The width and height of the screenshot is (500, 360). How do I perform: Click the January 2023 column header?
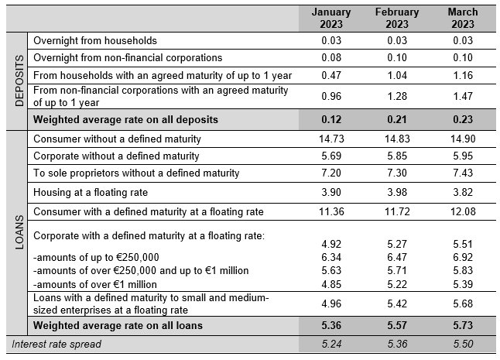(331, 18)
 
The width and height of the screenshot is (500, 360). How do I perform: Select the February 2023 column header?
(397, 18)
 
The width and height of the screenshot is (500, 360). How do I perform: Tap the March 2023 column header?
(463, 18)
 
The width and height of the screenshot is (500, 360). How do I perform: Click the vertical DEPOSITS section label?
(19, 81)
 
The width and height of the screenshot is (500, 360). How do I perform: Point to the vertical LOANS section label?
(19, 231)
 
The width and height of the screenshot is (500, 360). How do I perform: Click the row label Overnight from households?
(95, 40)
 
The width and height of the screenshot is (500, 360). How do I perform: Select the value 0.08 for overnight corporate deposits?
(331, 57)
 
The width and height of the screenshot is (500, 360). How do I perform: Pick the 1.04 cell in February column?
(397, 75)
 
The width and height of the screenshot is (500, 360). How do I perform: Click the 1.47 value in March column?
(463, 96)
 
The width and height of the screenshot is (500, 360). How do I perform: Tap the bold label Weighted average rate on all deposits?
(125, 119)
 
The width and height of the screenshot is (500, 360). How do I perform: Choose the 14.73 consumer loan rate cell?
(331, 139)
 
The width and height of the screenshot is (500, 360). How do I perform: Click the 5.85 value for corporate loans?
(397, 156)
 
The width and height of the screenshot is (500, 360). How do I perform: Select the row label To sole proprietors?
(136, 173)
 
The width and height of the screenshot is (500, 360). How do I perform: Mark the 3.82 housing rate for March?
(463, 192)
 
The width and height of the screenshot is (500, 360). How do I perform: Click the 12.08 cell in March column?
(463, 211)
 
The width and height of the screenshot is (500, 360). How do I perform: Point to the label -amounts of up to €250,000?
(96, 257)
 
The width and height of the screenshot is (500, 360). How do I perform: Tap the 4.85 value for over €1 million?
(331, 284)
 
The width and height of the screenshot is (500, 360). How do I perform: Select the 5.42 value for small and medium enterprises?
(397, 303)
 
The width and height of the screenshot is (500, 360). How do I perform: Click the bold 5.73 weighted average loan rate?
(463, 325)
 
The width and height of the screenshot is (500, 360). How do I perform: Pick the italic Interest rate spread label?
(57, 344)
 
